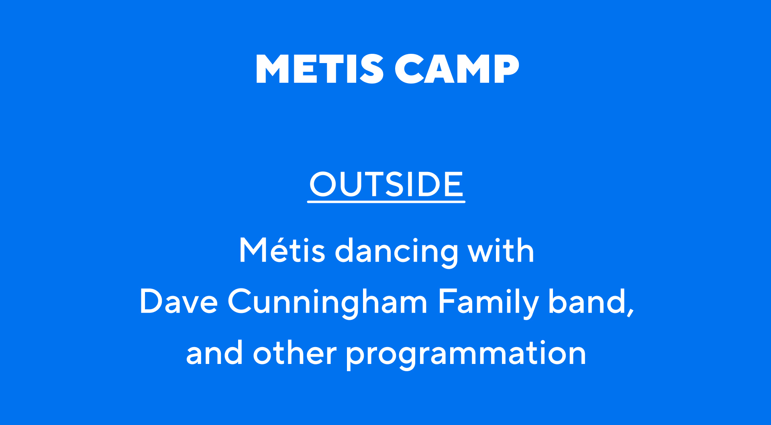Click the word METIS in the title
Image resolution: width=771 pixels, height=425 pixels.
point(320,69)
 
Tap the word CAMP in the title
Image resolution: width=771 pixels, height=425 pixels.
point(457,69)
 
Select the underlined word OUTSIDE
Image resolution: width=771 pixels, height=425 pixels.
point(386,184)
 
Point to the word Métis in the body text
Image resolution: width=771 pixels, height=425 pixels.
point(282,250)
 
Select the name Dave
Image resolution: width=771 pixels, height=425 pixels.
point(179,301)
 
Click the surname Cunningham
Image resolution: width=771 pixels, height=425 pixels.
point(327,303)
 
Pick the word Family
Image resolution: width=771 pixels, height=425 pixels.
point(488,303)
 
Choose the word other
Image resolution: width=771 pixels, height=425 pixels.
point(295,352)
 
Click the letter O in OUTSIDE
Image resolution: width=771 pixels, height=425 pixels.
point(323,184)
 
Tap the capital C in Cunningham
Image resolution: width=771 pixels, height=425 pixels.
point(241,301)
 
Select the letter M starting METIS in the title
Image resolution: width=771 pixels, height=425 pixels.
point(272,69)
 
